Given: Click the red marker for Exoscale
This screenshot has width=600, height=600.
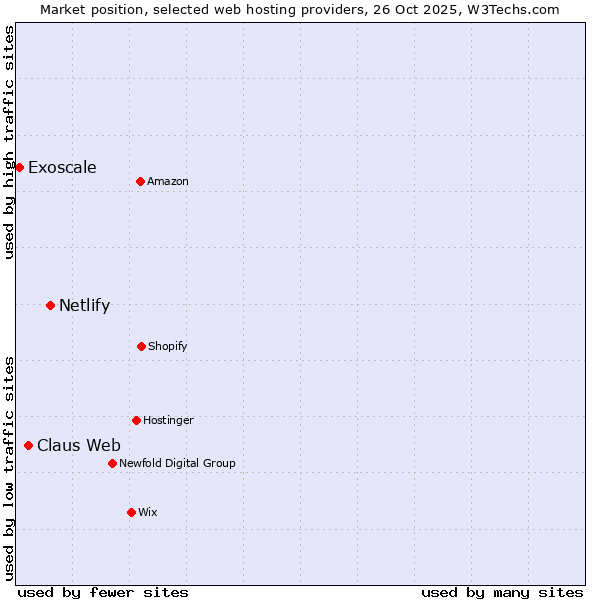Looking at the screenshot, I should pos(19,167).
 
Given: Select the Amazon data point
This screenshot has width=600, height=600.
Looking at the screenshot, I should pos(140,181).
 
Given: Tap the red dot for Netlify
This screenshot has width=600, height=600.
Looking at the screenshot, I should pos(50,305).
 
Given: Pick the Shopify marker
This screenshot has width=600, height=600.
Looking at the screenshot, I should pos(141,346).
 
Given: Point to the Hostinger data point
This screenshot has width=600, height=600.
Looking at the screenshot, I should pos(136,420).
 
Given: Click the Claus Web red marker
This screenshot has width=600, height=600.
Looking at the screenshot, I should pos(28,445).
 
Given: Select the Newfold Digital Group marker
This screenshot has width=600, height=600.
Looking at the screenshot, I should pos(112,463).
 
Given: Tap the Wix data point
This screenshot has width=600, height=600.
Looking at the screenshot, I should pos(131,512).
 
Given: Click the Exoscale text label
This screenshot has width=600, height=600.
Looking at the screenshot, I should pos(62,167).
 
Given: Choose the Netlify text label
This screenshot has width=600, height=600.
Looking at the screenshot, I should pos(84,305).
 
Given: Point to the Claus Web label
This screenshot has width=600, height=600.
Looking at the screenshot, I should pos(79,445).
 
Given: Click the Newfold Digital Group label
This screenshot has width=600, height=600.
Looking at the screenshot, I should pos(177,463).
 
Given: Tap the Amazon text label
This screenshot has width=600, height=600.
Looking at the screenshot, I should pos(167,181).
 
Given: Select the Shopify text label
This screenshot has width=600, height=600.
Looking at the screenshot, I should pos(167,346).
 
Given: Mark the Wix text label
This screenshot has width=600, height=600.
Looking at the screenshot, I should pos(147,512).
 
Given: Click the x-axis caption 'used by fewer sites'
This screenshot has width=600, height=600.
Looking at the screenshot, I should pos(103,592).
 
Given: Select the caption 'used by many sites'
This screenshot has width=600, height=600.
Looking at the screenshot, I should pos(502,592).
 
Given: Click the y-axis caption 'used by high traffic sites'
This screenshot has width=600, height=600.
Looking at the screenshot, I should pos(9,142).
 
